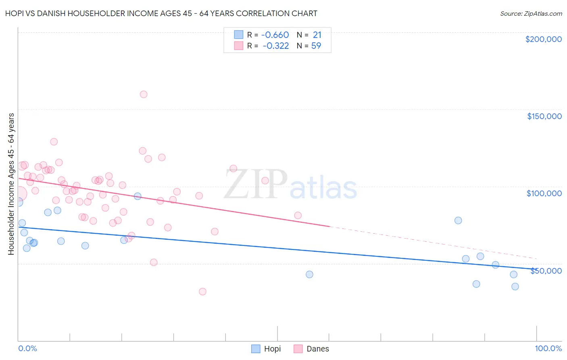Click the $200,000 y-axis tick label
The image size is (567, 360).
(543, 39)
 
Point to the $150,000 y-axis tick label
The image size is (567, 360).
(544, 116)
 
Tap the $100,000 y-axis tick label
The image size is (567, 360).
(544, 193)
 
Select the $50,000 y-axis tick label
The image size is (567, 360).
(546, 271)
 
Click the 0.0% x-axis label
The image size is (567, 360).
(27, 348)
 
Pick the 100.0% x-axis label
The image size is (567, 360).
(548, 348)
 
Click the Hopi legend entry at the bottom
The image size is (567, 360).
(266, 349)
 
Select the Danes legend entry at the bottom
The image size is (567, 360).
(311, 349)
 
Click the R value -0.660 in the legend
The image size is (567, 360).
(275, 35)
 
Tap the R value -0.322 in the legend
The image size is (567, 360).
(275, 46)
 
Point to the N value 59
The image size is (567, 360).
(316, 46)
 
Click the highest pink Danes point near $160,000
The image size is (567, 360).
(144, 94)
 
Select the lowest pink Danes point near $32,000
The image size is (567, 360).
(202, 291)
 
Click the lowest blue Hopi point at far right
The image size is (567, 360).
(515, 287)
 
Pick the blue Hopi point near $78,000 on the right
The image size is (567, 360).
(458, 220)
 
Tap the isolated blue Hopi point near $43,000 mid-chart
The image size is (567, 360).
(309, 274)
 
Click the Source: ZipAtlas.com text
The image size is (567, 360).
(531, 14)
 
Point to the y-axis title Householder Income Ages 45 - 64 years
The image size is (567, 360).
(11, 184)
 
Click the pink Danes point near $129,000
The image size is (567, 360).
(54, 142)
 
